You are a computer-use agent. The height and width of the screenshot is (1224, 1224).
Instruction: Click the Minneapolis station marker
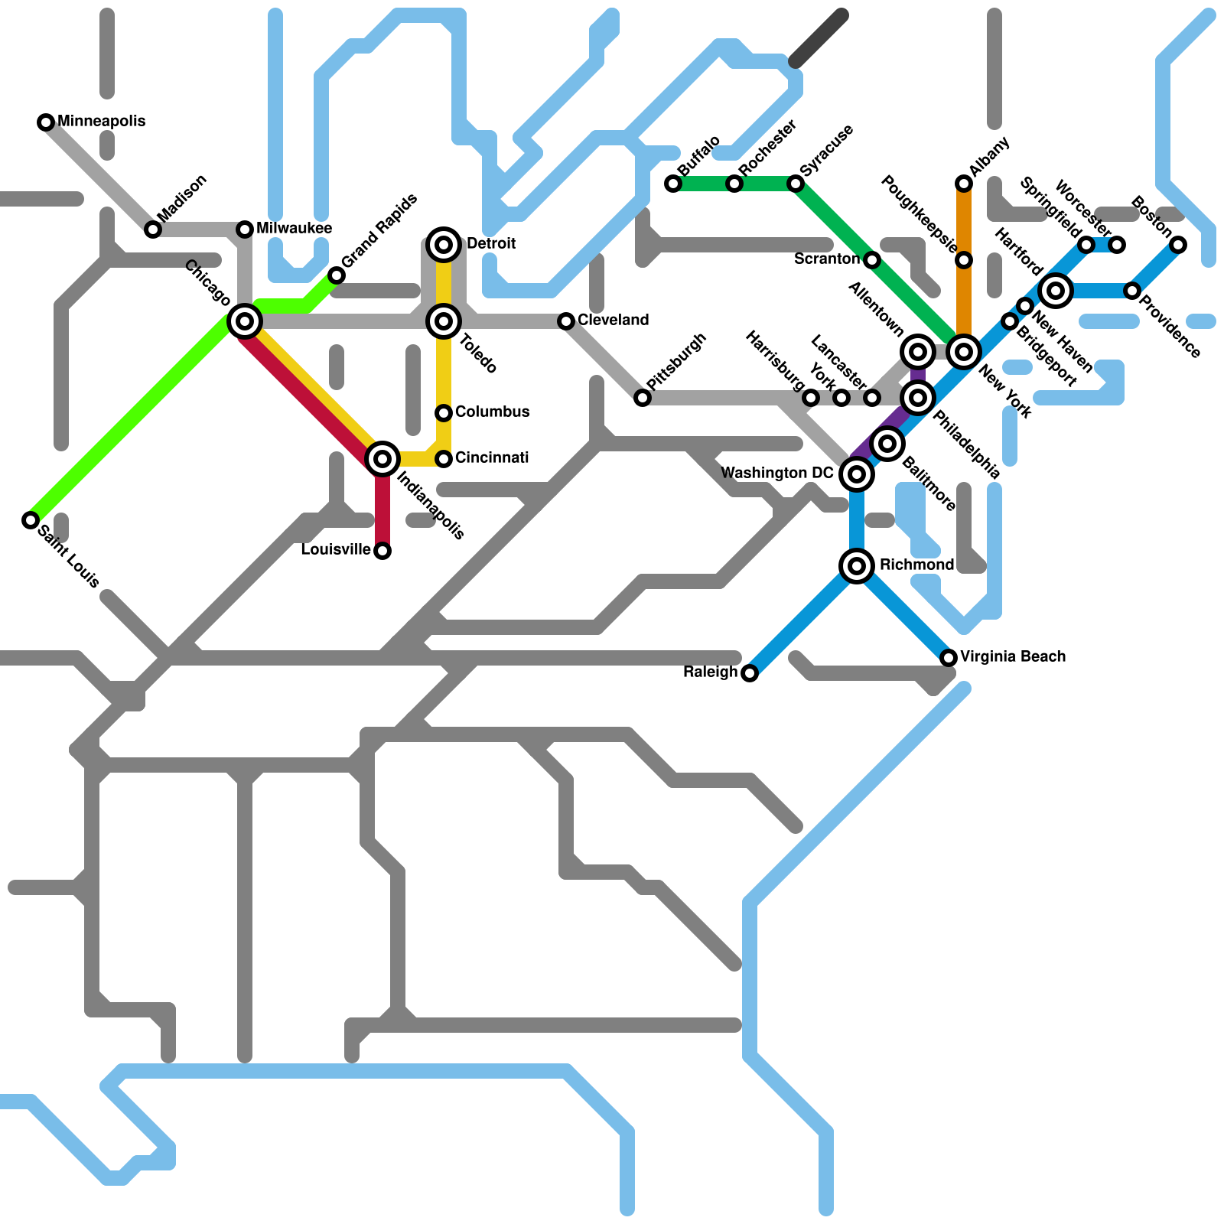pos(46,122)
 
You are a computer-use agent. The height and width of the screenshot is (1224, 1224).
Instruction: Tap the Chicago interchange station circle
pos(245,321)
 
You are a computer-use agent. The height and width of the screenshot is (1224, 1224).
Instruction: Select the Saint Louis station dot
pos(31,520)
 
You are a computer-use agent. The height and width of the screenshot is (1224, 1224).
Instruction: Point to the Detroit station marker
pos(444,245)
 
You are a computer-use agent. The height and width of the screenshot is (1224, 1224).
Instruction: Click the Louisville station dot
pos(382,551)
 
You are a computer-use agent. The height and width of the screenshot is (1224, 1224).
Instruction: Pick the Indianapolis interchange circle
pos(382,459)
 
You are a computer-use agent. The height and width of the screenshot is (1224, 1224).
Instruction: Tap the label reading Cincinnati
pos(492,457)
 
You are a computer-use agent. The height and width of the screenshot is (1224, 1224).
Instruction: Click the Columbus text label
pos(492,412)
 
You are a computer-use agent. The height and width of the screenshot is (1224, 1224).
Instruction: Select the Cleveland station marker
pos(566,321)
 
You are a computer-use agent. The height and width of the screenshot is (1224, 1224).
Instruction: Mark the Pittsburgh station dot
pos(643,398)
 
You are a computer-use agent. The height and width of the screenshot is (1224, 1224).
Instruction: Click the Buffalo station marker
pos(673,184)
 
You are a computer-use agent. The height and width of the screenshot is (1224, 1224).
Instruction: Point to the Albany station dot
pos(964,184)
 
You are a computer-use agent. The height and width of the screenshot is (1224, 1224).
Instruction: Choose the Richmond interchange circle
pos(857,566)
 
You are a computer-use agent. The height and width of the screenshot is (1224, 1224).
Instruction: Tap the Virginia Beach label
pos(1012,656)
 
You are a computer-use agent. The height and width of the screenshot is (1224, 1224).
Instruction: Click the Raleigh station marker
pos(750,673)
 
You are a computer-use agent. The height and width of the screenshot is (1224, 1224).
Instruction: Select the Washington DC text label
pos(776,474)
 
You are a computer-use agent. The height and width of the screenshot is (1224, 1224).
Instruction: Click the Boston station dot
pos(1178,245)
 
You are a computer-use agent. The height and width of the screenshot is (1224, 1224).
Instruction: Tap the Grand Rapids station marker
pos(337,275)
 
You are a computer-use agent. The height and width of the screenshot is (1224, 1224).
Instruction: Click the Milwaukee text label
pos(294,228)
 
